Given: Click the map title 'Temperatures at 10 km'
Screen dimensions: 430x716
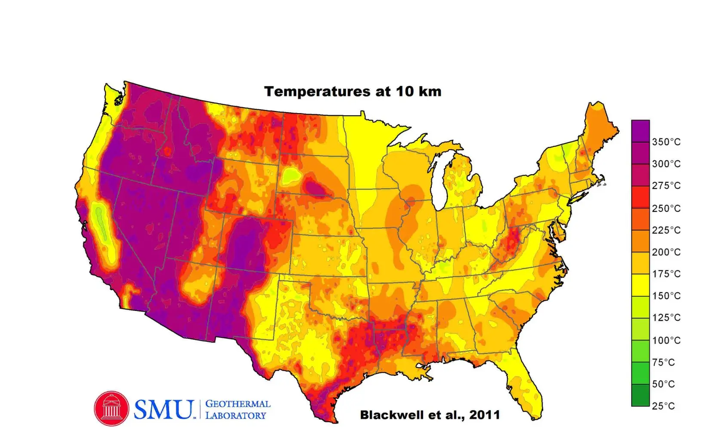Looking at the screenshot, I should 353,92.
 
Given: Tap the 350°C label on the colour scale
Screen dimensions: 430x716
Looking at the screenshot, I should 666,142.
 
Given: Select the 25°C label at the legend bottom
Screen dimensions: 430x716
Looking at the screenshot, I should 663,406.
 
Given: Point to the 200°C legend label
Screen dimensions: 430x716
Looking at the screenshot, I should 666,252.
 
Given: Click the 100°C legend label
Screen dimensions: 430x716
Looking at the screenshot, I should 666,340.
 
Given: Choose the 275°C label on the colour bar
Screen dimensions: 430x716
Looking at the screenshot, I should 666,185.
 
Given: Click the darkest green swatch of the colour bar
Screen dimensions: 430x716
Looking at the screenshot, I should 640,395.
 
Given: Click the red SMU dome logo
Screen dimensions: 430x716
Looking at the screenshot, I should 111,408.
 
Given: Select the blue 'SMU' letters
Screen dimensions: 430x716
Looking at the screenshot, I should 163,409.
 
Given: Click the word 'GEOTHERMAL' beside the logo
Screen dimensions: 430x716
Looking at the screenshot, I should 238,404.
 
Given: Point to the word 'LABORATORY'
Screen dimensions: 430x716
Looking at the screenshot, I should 236,415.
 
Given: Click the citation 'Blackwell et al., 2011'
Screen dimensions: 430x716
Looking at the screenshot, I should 430,415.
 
